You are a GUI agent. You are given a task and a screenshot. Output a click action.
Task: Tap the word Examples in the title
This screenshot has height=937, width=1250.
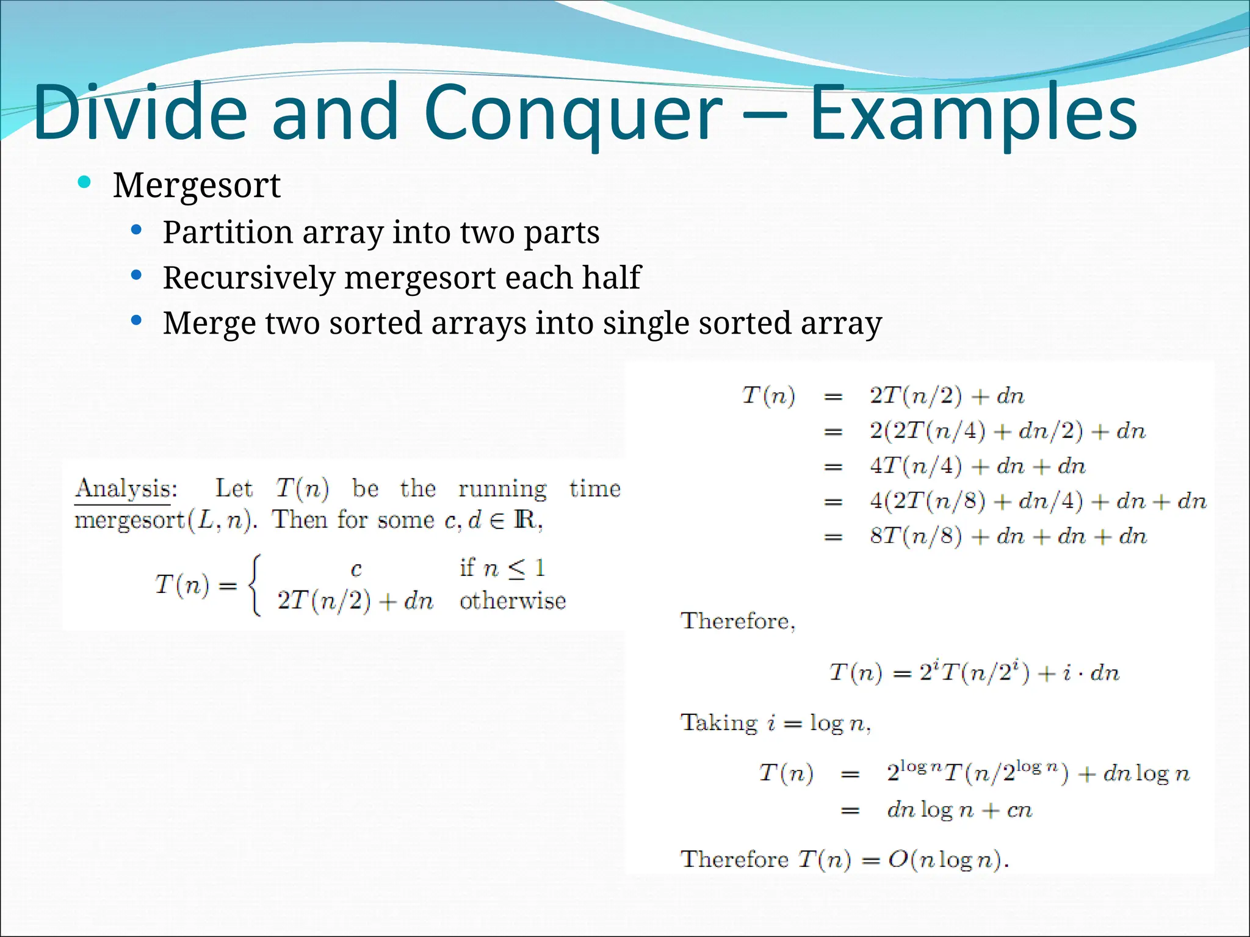[x=973, y=113]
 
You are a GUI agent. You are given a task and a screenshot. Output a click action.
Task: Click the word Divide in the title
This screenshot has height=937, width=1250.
[x=140, y=113]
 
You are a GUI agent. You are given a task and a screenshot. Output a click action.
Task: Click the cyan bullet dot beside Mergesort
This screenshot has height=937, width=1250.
[x=85, y=182]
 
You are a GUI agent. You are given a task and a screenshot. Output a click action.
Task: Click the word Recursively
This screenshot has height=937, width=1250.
[x=249, y=278]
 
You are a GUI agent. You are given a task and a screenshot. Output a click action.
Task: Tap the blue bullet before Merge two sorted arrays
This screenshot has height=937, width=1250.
[x=137, y=320]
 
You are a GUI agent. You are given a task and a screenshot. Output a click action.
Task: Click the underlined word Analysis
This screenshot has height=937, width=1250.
[x=125, y=489]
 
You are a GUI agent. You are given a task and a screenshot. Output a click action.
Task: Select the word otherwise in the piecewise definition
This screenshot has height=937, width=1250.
[x=513, y=601]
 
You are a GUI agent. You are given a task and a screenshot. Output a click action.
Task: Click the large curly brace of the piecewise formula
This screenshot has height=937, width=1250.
[x=256, y=585]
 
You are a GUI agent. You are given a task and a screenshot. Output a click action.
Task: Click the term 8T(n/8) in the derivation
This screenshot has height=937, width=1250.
[x=916, y=536]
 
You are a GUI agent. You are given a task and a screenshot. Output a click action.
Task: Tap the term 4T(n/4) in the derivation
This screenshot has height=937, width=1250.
[x=916, y=467]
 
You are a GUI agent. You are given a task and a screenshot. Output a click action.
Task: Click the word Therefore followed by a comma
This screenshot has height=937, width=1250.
[x=737, y=621]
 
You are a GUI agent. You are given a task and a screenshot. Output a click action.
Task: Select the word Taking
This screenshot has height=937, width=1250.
[x=719, y=723]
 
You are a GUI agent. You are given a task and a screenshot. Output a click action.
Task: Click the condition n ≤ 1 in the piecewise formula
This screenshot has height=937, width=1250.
[x=513, y=569]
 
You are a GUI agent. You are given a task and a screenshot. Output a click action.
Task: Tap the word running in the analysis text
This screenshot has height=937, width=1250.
[x=502, y=489]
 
